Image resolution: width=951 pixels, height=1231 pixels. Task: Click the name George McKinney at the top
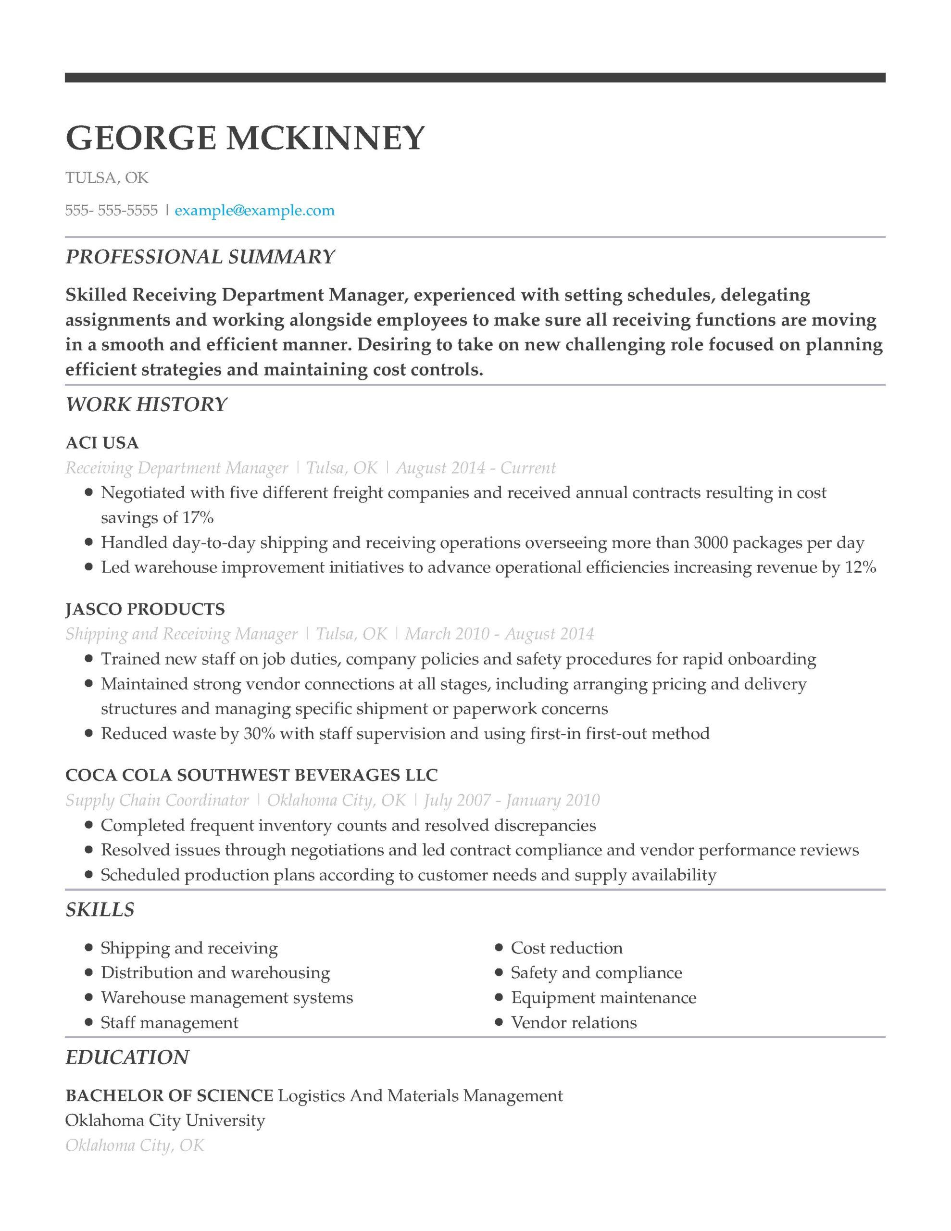pos(245,138)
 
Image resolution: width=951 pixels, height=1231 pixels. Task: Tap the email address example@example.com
pos(254,211)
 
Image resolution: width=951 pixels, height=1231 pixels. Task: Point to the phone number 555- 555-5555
pos(112,211)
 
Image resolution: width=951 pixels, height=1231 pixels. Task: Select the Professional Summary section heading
pos(200,257)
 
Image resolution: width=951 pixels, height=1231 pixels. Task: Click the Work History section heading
pos(146,405)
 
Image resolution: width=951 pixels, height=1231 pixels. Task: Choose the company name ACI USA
pos(102,443)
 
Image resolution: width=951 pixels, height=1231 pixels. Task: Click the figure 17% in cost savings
pos(197,517)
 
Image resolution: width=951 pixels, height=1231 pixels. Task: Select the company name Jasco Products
pos(145,609)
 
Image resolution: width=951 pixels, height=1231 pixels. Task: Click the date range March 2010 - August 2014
pos(499,634)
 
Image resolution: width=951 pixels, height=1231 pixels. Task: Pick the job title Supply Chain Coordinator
pos(157,800)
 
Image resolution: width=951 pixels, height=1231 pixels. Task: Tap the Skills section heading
pos(100,910)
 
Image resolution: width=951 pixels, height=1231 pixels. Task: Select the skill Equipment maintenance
pos(603,998)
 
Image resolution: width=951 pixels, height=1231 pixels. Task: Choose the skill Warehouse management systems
pos(226,998)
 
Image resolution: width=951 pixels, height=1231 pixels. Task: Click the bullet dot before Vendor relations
pos(498,1022)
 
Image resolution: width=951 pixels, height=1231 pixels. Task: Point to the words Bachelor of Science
pos(169,1096)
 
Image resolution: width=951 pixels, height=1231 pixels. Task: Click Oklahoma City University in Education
pos(164,1120)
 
